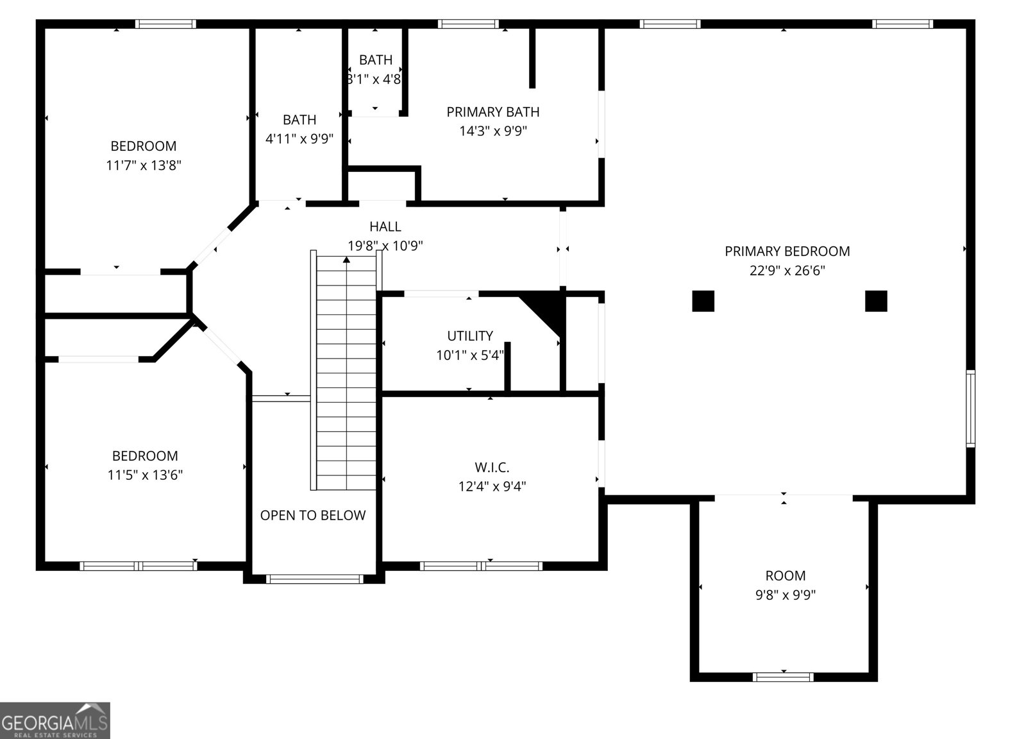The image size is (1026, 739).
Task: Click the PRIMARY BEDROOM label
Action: [x=787, y=251]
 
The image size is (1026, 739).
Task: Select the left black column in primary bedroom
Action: [x=703, y=301]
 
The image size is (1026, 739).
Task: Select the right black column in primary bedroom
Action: [x=876, y=301]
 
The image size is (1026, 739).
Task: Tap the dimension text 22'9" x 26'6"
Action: [x=787, y=271]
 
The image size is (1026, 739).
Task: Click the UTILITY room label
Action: [x=470, y=336]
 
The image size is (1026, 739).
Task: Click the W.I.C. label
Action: [x=492, y=468]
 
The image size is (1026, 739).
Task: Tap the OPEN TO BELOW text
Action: [x=313, y=515]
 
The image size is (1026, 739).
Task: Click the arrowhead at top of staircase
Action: [x=346, y=259]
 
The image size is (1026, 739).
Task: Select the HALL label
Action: [x=385, y=226]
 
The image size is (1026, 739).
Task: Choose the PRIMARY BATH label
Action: [x=492, y=112]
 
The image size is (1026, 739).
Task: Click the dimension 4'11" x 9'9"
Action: [x=299, y=139]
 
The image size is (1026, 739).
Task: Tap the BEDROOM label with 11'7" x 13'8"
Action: [x=144, y=146]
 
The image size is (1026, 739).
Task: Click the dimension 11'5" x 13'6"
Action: [x=145, y=475]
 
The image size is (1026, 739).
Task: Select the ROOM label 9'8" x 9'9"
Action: [x=785, y=576]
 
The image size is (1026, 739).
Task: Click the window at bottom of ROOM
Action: [x=783, y=677]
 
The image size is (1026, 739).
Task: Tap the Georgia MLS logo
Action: [x=55, y=720]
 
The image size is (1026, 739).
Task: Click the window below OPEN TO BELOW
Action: [x=314, y=579]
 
